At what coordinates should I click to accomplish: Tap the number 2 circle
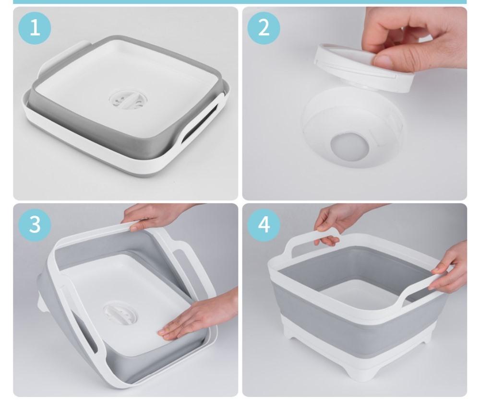[x=264, y=28]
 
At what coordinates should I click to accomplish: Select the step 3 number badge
[x=35, y=225]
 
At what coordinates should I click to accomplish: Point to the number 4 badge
[x=264, y=225]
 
